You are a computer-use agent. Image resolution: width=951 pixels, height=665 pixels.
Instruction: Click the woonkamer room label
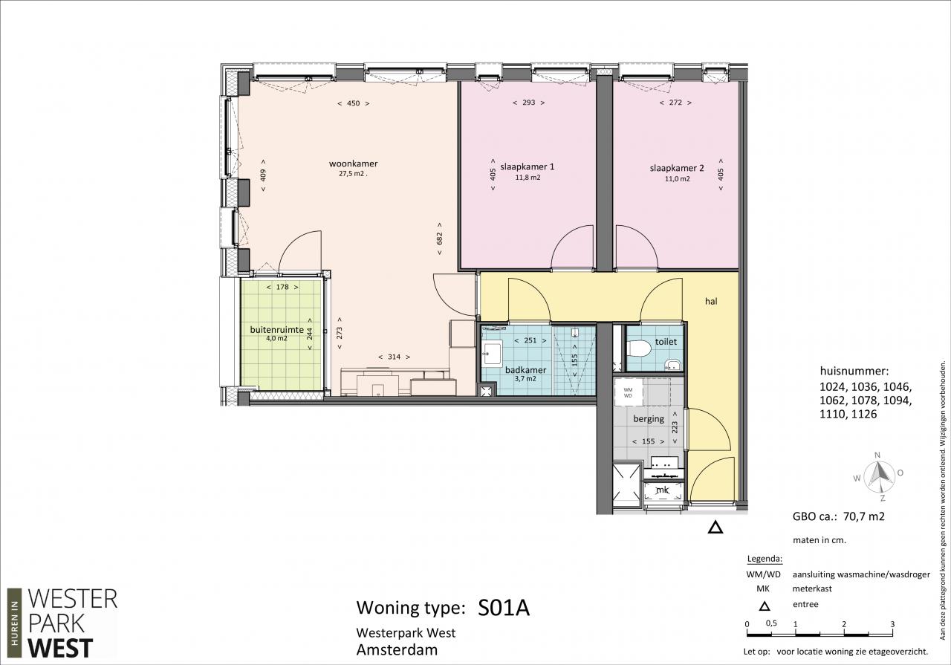pyautogui.click(x=353, y=163)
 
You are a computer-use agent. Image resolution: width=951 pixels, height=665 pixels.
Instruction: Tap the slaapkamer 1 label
pyautogui.click(x=527, y=166)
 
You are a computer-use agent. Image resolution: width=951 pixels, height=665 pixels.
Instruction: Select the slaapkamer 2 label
pyautogui.click(x=677, y=168)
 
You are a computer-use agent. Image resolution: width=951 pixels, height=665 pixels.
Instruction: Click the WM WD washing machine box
pyautogui.click(x=628, y=392)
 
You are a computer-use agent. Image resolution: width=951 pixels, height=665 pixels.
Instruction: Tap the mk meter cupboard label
pyautogui.click(x=662, y=490)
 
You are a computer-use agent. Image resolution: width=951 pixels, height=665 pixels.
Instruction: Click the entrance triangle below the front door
pyautogui.click(x=715, y=527)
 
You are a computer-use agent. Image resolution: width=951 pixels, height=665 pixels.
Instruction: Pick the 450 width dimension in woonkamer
pyautogui.click(x=353, y=103)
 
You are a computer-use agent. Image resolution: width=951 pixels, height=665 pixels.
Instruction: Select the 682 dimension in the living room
pyautogui.click(x=439, y=239)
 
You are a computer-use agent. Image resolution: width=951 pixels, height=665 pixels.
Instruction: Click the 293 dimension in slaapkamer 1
pyautogui.click(x=528, y=103)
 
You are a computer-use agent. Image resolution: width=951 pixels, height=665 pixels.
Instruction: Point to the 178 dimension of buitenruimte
pyautogui.click(x=282, y=287)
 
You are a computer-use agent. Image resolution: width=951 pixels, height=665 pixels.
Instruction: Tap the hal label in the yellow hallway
pyautogui.click(x=711, y=301)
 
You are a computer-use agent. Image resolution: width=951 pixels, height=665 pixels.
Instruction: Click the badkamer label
pyautogui.click(x=525, y=370)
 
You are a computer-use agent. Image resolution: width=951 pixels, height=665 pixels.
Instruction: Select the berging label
pyautogui.click(x=649, y=419)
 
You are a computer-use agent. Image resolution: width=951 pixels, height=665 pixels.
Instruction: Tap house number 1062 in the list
pyautogui.click(x=832, y=400)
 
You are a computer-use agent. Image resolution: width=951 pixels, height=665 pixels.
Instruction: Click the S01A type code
pyautogui.click(x=504, y=608)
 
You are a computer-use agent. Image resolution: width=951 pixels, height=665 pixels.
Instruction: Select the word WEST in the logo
pyautogui.click(x=60, y=648)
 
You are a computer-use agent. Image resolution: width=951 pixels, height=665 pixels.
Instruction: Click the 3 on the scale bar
pyautogui.click(x=892, y=624)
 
